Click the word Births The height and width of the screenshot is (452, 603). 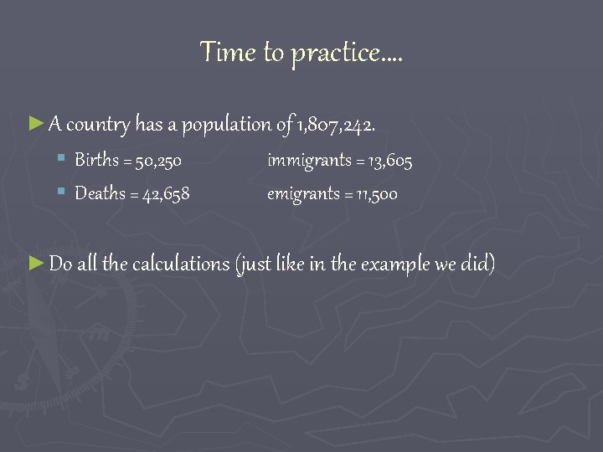coord(97,160)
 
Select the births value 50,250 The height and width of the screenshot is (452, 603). coord(159,160)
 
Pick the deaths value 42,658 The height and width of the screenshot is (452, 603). coord(167,193)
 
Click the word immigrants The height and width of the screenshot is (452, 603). coord(302,160)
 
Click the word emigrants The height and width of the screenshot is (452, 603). coord(299,193)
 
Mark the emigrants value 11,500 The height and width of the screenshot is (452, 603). coord(376,193)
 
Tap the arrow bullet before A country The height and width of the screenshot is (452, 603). coord(35,125)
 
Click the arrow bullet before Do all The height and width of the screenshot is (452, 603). coord(35,264)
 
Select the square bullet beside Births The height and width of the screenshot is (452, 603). coord(62,159)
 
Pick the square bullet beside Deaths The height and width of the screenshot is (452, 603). coord(62,193)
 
